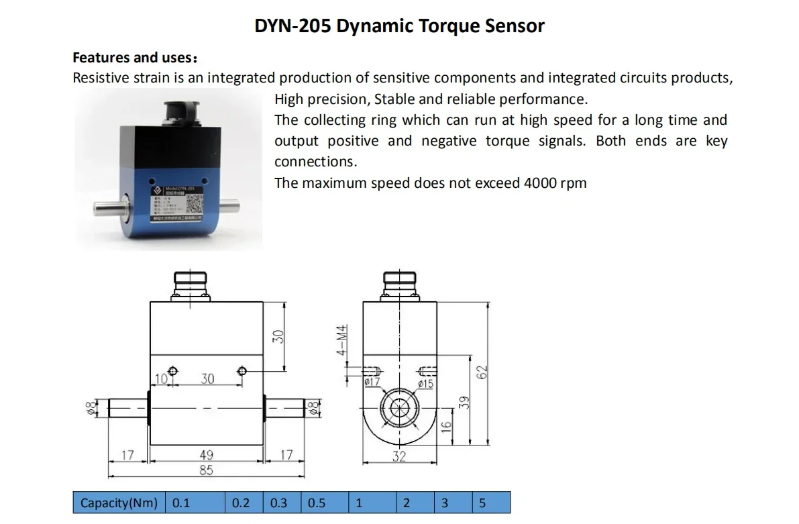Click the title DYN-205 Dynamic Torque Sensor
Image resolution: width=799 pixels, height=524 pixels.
coord(399,26)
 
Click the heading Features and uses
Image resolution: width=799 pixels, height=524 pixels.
coord(134,57)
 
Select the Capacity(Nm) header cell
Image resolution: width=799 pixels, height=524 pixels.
coord(119,503)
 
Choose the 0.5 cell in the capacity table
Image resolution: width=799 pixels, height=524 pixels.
coord(325,503)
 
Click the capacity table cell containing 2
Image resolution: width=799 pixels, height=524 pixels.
coord(415,503)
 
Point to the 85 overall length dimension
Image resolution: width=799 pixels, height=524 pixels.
coord(206,470)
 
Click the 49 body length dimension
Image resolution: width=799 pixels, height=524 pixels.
coord(207,456)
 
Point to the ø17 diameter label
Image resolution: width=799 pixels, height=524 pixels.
coord(372,382)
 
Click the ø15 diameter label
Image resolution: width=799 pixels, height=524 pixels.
coord(425,384)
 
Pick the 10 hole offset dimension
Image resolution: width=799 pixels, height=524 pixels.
coord(161,379)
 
